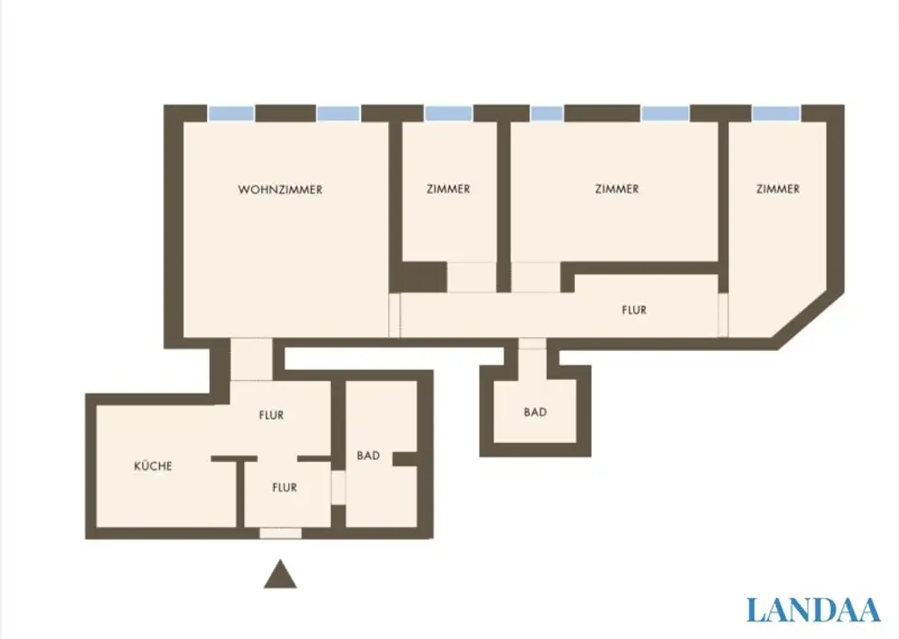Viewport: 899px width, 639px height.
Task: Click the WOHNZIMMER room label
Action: pos(280,190)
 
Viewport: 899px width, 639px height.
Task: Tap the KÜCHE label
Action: pos(153,466)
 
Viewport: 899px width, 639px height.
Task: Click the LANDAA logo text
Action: pos(813,610)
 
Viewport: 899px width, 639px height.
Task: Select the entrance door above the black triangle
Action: pos(281,533)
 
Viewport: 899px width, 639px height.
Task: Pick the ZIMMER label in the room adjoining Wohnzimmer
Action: pos(448,190)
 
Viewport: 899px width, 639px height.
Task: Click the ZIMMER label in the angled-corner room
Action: pos(778,189)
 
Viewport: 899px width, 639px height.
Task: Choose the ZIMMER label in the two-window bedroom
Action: pos(616,190)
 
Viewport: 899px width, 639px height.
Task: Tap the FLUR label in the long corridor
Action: pos(634,310)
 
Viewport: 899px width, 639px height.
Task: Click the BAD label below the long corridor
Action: pos(536,412)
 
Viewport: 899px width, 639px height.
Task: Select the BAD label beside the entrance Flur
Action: pos(369,456)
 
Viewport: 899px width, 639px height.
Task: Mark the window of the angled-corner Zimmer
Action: pos(776,113)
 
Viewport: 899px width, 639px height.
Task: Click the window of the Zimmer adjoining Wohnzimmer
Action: pos(449,113)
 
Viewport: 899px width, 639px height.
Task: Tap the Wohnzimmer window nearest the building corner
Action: pos(232,113)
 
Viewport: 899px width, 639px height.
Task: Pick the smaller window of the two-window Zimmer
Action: pos(547,113)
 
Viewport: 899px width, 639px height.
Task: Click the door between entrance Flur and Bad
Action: pos(338,488)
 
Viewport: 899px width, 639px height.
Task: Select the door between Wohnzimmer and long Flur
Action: pos(394,314)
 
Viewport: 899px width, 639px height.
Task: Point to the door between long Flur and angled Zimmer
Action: pos(723,314)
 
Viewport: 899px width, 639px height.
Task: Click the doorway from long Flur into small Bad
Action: pos(532,344)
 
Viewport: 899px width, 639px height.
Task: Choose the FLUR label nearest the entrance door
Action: pos(284,488)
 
